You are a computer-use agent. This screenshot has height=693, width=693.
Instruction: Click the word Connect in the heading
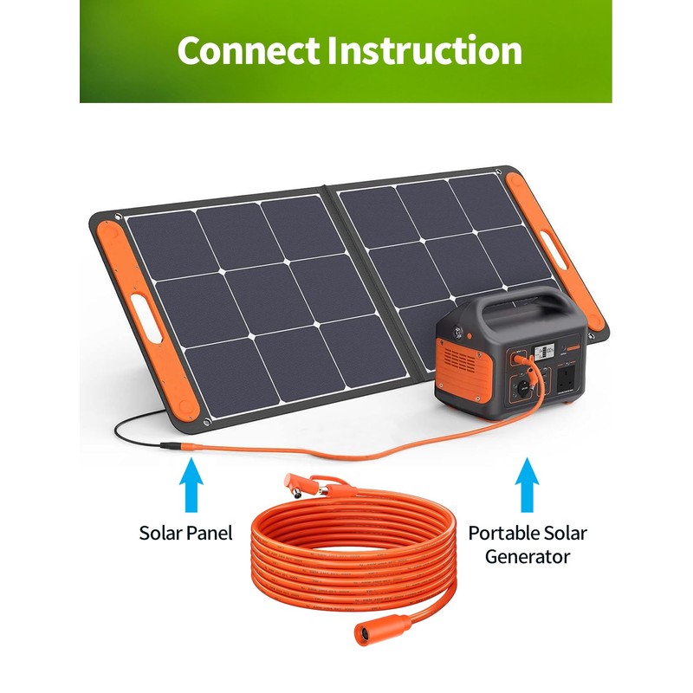pos(247,50)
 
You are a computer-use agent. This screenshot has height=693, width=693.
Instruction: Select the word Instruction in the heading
pos(424,50)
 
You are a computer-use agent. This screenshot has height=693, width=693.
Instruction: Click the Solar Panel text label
pos(185,533)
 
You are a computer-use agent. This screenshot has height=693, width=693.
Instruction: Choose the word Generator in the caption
pos(527,556)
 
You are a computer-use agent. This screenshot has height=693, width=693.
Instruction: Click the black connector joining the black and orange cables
pos(172,447)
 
